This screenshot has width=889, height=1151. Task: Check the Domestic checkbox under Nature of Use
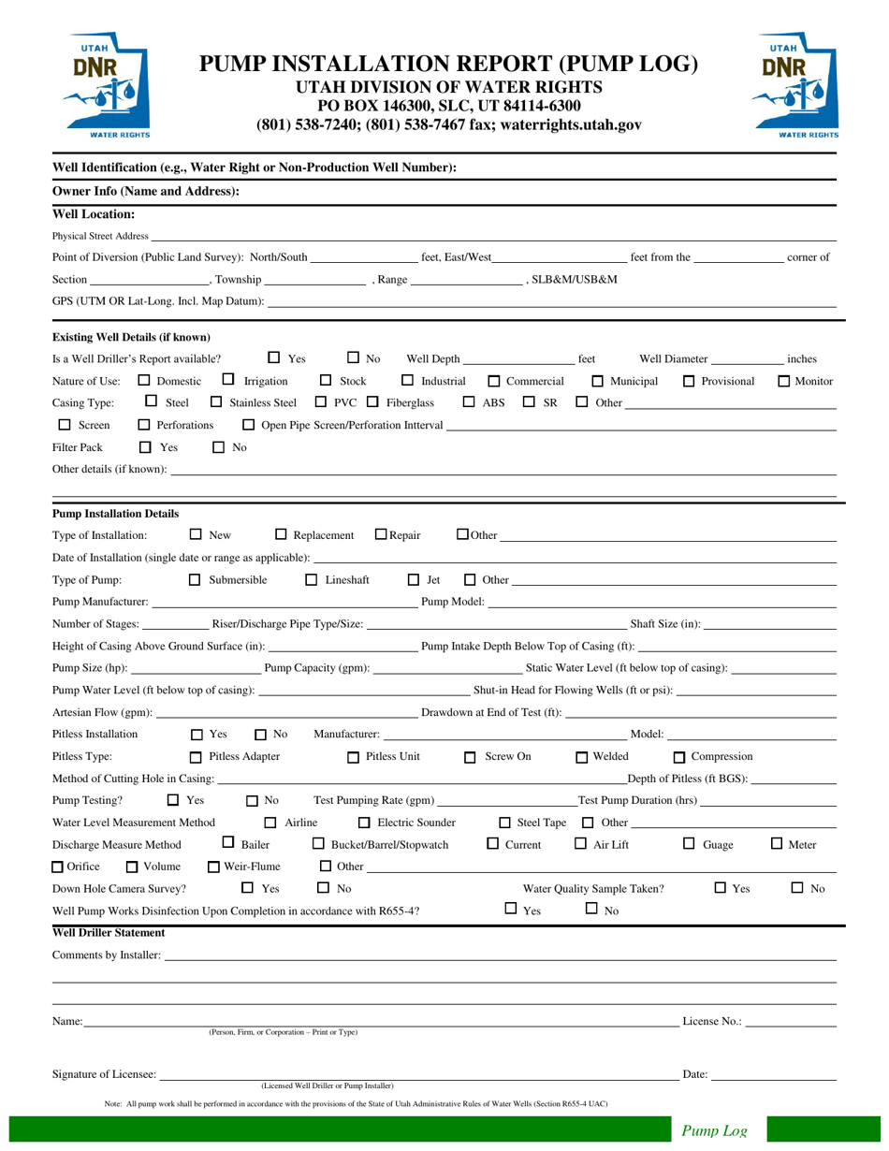144,381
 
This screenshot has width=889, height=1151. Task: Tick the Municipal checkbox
598,381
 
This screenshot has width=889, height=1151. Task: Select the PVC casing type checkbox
321,403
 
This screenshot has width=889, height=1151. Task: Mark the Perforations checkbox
144,426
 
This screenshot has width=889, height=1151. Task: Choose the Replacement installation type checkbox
282,535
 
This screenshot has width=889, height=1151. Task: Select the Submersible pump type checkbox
195,580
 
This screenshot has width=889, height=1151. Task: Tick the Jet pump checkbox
414,580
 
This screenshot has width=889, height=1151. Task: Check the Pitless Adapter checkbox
196,757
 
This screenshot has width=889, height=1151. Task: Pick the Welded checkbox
581,757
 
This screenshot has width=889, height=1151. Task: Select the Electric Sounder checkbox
365,823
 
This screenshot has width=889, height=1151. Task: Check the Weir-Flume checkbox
214,867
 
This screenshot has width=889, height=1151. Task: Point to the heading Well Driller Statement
109,933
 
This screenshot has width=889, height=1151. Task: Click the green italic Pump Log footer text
714,1130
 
